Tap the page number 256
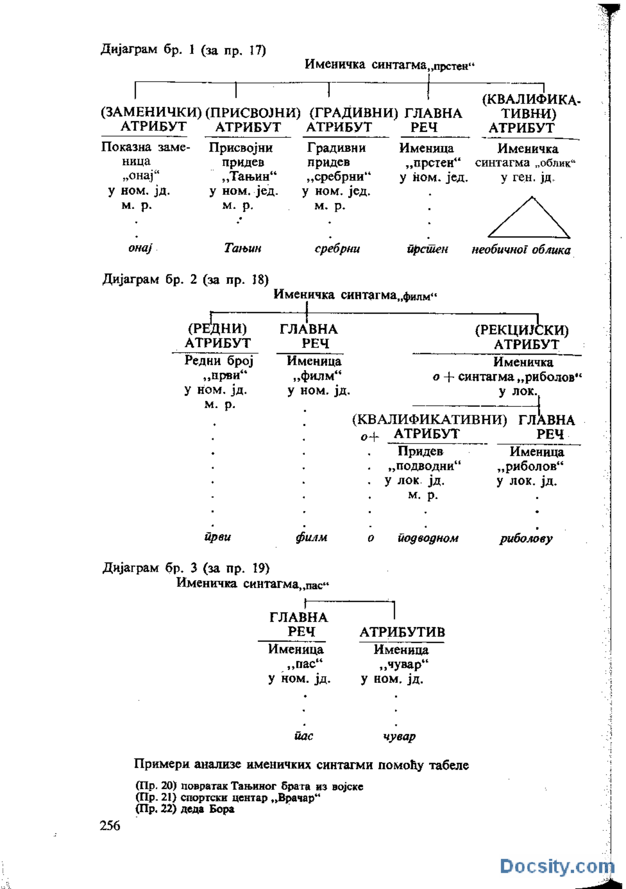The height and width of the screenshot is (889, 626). (x=110, y=825)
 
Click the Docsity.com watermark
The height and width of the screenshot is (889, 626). (x=557, y=866)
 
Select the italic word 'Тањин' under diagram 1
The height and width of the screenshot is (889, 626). (x=243, y=248)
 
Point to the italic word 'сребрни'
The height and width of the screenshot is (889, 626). (x=337, y=249)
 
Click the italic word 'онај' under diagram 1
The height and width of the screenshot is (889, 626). (x=140, y=248)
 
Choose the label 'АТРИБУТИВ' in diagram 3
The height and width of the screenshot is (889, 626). (x=402, y=632)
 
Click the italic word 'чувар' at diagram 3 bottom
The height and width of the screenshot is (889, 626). (x=400, y=736)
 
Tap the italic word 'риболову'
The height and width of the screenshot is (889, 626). (x=526, y=538)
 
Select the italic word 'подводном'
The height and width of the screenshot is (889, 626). (x=428, y=538)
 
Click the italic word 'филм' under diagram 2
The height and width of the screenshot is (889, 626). (x=312, y=537)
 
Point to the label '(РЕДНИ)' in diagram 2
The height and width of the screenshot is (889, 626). (x=217, y=328)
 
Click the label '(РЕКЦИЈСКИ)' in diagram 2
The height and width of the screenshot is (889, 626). (x=522, y=330)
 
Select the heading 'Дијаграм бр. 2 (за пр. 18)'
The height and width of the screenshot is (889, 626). (x=186, y=279)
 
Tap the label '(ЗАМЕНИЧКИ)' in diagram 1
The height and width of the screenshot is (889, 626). (x=151, y=112)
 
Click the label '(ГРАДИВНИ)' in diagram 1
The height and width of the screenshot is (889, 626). (x=354, y=113)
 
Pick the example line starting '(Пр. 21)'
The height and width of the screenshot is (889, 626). (x=227, y=798)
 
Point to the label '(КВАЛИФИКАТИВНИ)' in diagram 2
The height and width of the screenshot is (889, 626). (x=429, y=420)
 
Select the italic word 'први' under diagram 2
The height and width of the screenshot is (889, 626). (x=218, y=537)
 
